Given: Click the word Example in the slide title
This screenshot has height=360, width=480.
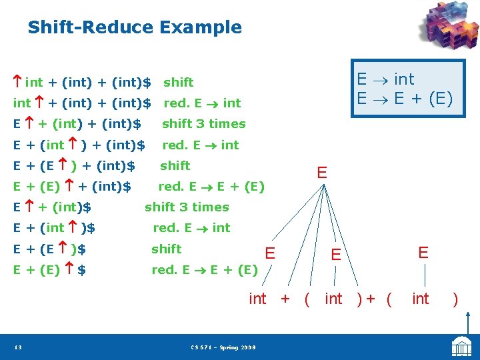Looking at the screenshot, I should tap(200, 27).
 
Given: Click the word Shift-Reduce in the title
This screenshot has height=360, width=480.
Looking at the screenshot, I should tap(90, 27).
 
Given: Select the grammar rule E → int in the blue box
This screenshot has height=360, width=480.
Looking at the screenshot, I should tap(385, 79).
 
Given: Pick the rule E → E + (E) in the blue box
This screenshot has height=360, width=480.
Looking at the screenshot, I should tap(405, 99).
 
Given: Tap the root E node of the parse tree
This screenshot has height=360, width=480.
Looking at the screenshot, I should tap(322, 173).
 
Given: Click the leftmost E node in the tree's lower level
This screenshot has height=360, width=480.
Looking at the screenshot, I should tap(270, 253).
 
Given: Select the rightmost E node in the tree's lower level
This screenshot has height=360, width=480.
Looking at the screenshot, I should tap(423, 253).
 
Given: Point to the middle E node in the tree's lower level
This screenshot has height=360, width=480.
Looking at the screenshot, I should tap(336, 254).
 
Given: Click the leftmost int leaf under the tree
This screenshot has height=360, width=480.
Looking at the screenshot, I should tap(257, 299).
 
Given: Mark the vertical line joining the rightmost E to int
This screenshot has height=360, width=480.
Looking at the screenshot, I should tap(423, 275).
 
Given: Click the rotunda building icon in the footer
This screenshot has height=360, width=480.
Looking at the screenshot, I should tap(461, 347).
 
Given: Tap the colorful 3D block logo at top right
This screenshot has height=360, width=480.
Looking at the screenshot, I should tap(448, 28).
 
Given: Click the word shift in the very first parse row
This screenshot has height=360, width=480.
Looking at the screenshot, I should tap(178, 82).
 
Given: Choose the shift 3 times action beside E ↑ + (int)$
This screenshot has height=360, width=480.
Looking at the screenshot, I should tap(187, 207).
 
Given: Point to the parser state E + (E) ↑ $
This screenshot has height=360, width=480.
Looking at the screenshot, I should tap(50, 270).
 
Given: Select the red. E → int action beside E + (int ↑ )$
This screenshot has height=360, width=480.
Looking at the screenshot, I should tap(191, 227).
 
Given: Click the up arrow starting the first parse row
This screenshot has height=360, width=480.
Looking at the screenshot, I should tap(18, 82).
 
